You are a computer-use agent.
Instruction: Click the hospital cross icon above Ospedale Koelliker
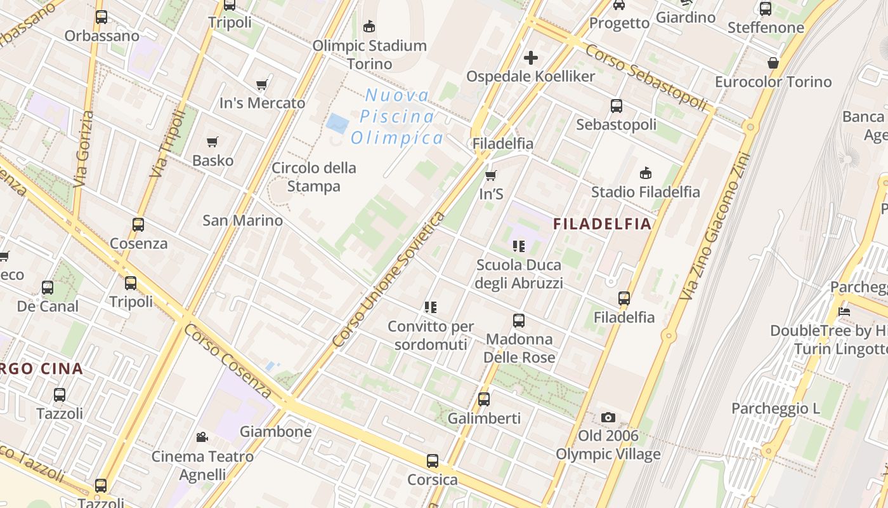(x=530, y=58)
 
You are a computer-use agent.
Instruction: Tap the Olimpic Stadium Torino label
(x=369, y=55)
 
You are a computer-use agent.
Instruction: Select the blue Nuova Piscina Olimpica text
(x=396, y=117)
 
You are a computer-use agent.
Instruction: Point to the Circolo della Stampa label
(x=313, y=177)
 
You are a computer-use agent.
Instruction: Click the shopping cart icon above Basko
(x=212, y=142)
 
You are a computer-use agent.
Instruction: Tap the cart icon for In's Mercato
(x=262, y=85)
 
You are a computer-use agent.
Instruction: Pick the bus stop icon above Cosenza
(x=138, y=225)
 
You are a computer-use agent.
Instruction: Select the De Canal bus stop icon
(x=48, y=288)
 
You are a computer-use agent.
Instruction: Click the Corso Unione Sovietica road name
(x=389, y=280)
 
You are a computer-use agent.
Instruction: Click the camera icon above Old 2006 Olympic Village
(x=608, y=417)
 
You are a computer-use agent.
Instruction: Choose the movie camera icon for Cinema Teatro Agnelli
(x=202, y=437)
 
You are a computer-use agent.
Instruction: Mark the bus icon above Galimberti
(x=484, y=399)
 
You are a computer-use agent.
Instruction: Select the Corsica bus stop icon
(x=433, y=461)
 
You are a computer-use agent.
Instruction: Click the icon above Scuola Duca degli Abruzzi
(x=519, y=246)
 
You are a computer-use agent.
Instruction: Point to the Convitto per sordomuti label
(x=431, y=335)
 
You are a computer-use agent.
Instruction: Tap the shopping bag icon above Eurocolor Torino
(x=773, y=63)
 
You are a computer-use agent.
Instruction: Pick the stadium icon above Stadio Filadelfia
(x=646, y=173)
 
